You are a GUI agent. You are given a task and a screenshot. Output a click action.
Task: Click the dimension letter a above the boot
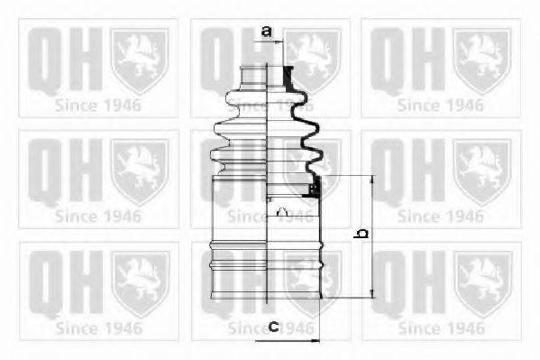(266, 32)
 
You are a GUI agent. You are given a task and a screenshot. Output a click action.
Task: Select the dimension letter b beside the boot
(362, 234)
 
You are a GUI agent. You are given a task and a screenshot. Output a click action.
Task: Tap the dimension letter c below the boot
(274, 326)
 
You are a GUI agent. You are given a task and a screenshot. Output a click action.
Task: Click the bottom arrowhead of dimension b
(372, 293)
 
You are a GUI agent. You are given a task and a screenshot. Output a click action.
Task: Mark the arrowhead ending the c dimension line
(316, 341)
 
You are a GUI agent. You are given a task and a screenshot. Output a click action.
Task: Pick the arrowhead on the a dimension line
(279, 42)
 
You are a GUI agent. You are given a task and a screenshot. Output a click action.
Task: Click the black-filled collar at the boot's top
(288, 78)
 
